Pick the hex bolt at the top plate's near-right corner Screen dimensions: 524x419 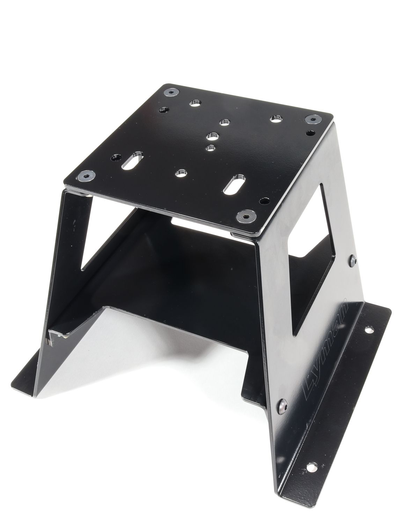tap(243, 216)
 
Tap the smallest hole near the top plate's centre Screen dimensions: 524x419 tap(210, 148)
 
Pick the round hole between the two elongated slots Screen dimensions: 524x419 tap(180, 173)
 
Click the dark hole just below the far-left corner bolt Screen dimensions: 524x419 tap(164, 110)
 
